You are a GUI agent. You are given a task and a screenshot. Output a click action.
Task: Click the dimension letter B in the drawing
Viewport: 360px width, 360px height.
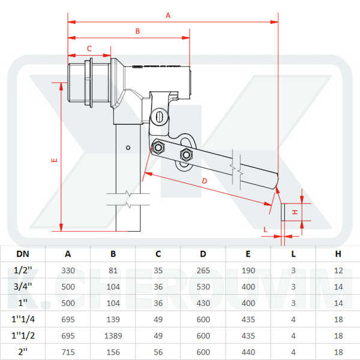(x=137, y=31)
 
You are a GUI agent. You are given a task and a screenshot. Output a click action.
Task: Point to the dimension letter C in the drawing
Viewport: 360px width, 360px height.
(x=89, y=48)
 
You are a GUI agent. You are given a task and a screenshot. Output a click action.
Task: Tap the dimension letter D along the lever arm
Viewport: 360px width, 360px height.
(x=204, y=181)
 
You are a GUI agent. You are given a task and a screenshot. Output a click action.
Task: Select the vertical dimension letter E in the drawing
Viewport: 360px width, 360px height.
(x=54, y=161)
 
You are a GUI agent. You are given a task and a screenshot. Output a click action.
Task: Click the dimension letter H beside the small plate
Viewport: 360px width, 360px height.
(x=295, y=212)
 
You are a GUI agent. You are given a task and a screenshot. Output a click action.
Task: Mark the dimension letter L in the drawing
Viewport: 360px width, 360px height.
(x=266, y=229)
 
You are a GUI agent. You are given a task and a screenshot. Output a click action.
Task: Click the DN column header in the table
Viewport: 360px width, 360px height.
(x=22, y=254)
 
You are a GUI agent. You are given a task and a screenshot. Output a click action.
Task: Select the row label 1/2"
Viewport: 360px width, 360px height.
(x=22, y=271)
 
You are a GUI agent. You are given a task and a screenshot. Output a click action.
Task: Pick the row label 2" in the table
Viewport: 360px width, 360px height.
(x=22, y=352)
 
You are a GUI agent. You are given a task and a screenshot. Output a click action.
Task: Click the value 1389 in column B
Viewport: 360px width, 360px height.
(x=113, y=336)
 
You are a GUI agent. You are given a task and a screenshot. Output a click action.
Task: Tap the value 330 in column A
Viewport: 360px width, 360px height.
(x=68, y=271)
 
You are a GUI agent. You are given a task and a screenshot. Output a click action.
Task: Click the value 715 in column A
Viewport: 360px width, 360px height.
(x=68, y=352)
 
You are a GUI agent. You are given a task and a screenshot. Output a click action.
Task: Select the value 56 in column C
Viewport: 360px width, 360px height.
(x=158, y=352)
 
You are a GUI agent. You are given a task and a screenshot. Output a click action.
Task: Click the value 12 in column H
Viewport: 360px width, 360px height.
(x=338, y=271)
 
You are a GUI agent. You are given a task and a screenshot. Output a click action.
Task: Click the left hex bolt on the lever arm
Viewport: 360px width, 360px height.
(x=158, y=147)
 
